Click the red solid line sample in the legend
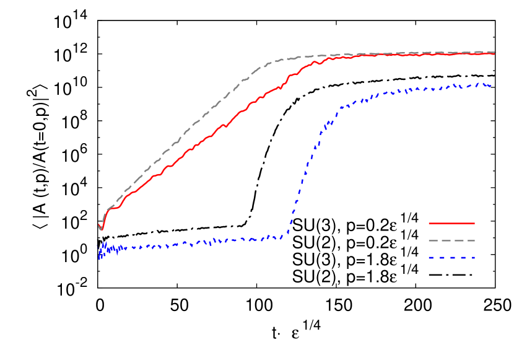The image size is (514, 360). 451,223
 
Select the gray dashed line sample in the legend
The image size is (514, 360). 451,240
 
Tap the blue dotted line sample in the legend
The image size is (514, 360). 451,257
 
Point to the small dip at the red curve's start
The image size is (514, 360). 101,229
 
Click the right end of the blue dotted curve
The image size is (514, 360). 491,86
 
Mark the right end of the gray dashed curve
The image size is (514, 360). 494,53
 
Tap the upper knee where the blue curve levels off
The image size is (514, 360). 339,109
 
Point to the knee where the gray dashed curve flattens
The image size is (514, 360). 269,63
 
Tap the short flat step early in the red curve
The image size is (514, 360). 115,208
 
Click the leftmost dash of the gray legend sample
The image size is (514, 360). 432,240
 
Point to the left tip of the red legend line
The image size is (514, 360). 429,223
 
